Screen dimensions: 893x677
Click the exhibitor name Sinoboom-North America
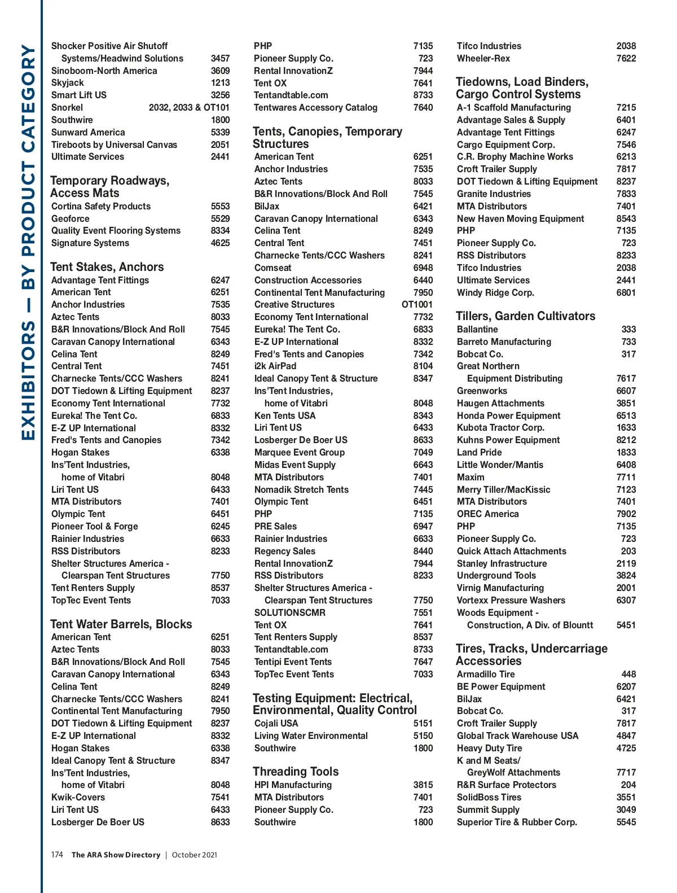[x=104, y=71]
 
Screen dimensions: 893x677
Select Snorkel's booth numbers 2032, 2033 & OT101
[x=189, y=107]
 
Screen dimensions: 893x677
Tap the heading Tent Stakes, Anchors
[x=107, y=267]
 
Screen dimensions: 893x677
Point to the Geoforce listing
[x=70, y=218]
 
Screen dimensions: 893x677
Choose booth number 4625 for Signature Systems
[x=220, y=243]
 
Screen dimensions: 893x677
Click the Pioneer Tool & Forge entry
[x=94, y=526]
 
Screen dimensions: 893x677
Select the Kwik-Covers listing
[x=78, y=797]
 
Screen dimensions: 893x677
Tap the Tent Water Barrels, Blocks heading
[x=121, y=624]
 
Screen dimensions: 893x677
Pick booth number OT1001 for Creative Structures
[x=417, y=305]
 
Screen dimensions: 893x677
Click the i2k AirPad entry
[x=275, y=366]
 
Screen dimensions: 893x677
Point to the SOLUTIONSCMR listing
[x=289, y=612]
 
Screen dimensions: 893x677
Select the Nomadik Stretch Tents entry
[x=301, y=489]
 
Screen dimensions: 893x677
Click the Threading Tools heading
[x=296, y=772]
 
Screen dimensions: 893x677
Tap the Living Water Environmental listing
[x=311, y=736]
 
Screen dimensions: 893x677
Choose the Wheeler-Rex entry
[x=483, y=58]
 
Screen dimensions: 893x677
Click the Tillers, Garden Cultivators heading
[x=525, y=316]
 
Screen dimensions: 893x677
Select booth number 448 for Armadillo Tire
[x=628, y=674]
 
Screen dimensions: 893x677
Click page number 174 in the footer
[x=57, y=855]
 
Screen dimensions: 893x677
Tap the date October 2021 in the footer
[x=194, y=855]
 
